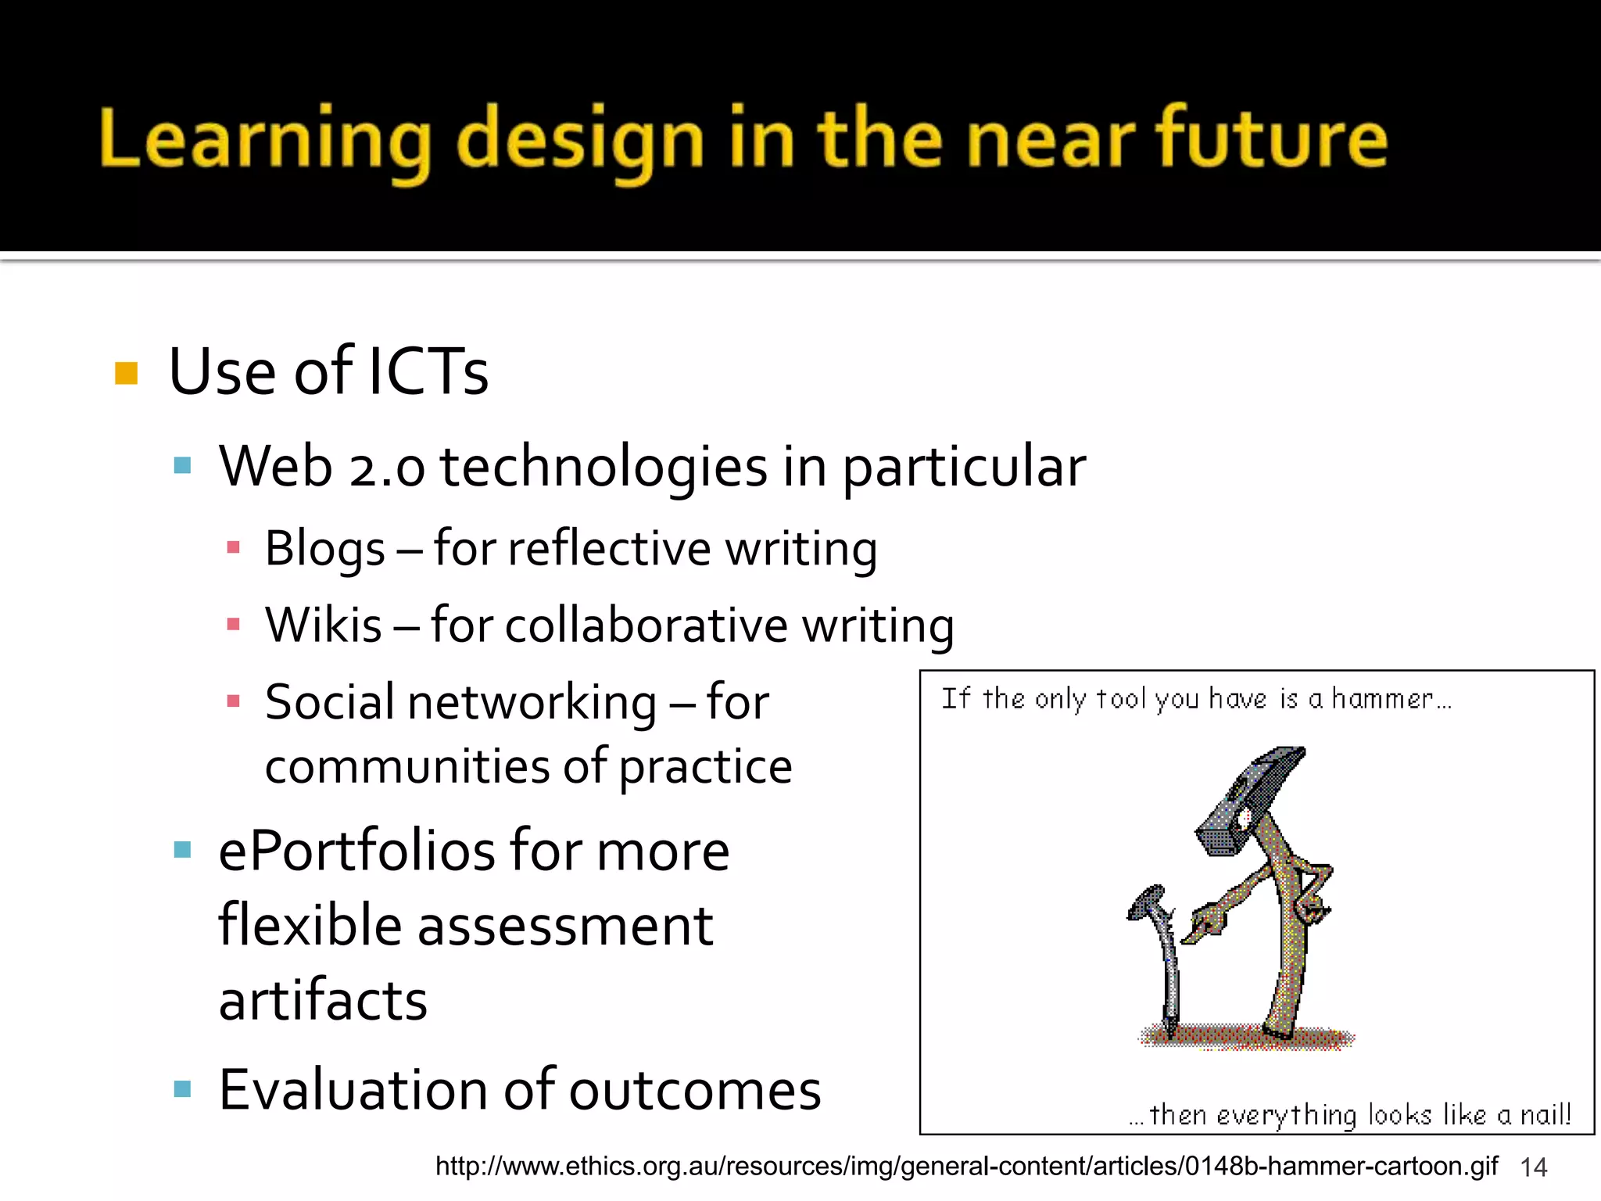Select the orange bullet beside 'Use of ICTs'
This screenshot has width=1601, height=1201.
tap(126, 373)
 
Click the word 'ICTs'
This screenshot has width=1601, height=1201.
tap(428, 371)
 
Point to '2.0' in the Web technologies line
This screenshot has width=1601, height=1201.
tap(387, 468)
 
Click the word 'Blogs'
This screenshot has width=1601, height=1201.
tap(324, 549)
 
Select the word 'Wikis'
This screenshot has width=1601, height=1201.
tap(323, 626)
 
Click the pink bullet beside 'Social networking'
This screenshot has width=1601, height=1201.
tap(233, 701)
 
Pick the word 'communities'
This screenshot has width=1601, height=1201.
tap(407, 766)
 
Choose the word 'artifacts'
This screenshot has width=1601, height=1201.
tap(323, 1001)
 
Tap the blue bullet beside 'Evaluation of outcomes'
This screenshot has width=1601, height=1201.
tap(183, 1089)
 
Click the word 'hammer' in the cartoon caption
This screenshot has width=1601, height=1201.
tap(1382, 698)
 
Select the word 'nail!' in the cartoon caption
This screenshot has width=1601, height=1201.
tap(1545, 1114)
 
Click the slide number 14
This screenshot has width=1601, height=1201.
tap(1534, 1167)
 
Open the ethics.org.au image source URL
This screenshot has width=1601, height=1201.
tap(966, 1166)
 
